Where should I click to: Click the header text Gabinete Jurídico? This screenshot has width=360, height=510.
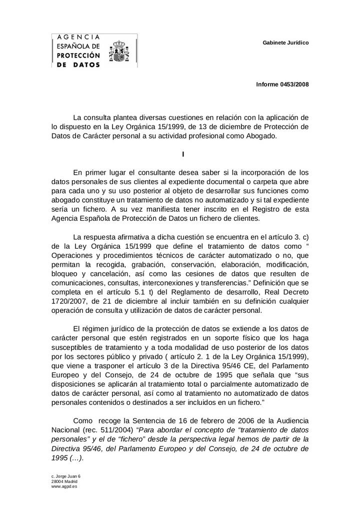tap(285, 43)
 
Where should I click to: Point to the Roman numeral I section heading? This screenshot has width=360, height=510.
tap(183, 154)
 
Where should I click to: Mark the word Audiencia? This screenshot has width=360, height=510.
tap(289, 420)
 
